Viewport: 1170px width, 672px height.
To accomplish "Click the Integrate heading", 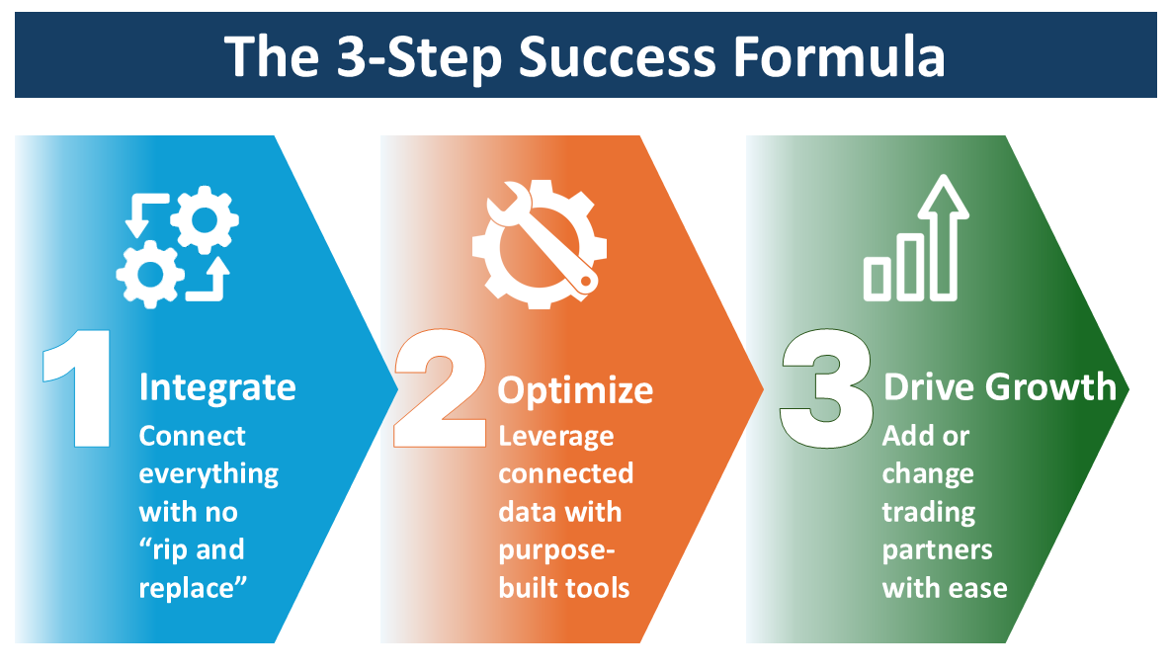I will (x=217, y=386).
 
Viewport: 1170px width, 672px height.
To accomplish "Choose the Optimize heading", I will (x=575, y=390).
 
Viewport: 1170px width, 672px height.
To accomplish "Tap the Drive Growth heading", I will (x=999, y=386).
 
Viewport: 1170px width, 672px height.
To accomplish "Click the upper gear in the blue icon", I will (x=204, y=218).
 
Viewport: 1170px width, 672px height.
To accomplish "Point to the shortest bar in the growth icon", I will (x=877, y=278).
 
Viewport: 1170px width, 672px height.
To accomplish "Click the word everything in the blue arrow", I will (x=209, y=474).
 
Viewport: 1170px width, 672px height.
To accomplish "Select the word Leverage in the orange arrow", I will (x=555, y=436).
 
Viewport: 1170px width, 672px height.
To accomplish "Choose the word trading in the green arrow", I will (x=928, y=512).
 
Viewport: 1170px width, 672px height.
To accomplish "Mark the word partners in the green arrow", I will (x=937, y=549).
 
